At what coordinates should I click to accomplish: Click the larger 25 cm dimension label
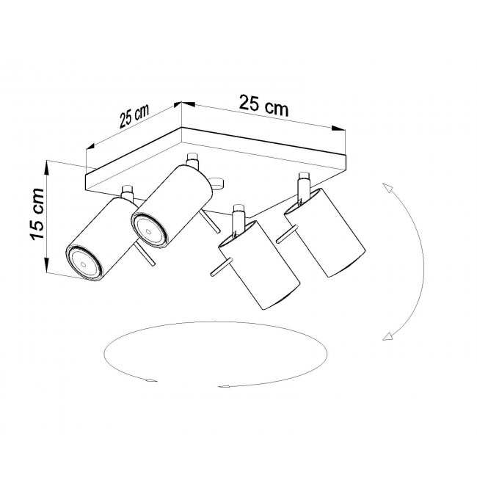point(263,106)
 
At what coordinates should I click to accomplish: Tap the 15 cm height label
point(37,214)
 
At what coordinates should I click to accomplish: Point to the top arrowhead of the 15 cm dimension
point(47,168)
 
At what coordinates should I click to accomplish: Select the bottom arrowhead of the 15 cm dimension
point(47,265)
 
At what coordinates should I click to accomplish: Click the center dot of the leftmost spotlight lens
point(84,264)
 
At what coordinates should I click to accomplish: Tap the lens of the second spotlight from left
point(148,231)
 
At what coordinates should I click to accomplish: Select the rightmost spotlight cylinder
point(325,233)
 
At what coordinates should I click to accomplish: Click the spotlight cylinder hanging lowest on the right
point(259,265)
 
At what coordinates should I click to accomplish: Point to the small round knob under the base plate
point(218,184)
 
